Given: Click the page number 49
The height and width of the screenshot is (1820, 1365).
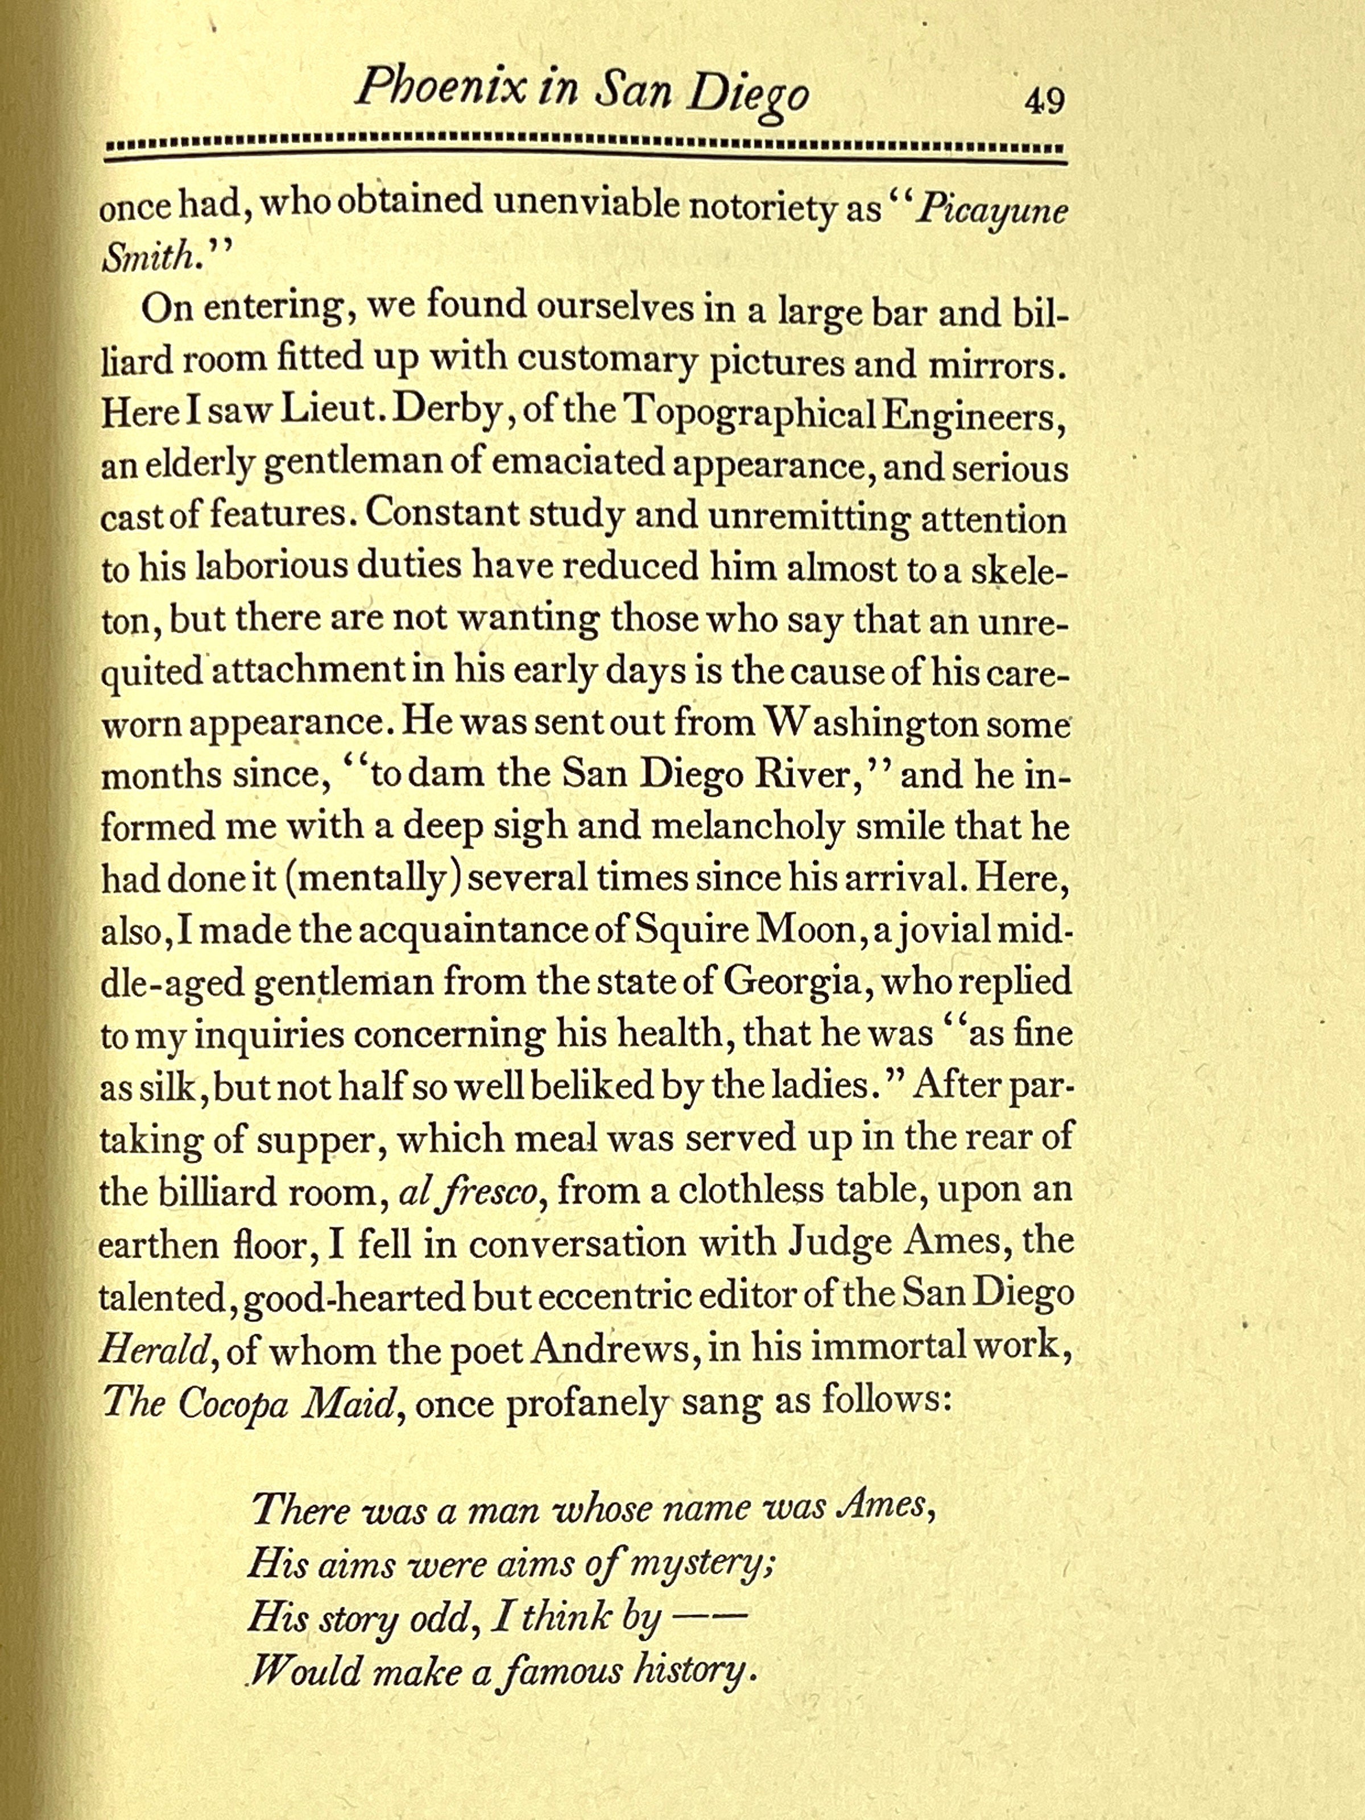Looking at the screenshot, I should tap(1043, 102).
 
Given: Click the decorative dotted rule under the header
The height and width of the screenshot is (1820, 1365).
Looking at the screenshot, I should tap(586, 151).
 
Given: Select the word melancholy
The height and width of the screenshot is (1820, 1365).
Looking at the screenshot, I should tap(747, 828).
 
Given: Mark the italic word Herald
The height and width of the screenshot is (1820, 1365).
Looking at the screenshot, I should tap(152, 1350).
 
